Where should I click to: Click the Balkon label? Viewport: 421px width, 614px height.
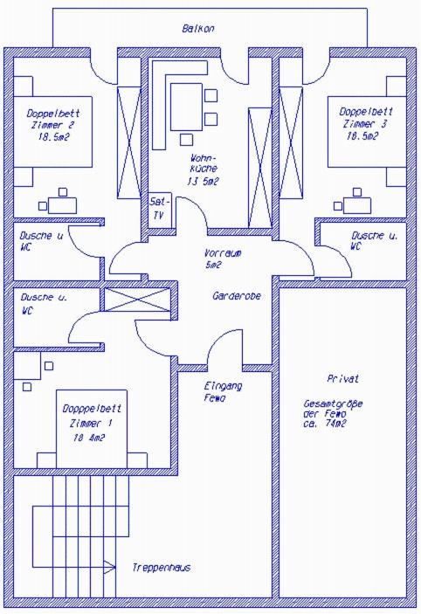tap(198, 29)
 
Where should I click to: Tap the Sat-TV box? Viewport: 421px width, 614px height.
tap(160, 210)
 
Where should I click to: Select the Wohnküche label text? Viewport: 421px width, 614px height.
tap(204, 170)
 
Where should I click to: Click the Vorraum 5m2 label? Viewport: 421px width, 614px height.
tap(223, 259)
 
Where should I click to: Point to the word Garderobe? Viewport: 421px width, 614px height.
tap(237, 296)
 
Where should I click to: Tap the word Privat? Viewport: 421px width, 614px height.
tap(343, 379)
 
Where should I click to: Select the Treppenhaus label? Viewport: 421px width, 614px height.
tap(162, 568)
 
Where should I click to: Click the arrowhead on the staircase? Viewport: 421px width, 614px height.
tap(109, 566)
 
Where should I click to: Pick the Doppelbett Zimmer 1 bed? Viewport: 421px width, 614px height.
tap(92, 429)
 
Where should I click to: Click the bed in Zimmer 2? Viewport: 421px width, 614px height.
tap(53, 132)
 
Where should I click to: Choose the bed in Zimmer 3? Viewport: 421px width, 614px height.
tap(367, 132)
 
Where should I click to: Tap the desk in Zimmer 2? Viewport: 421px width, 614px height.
tap(62, 205)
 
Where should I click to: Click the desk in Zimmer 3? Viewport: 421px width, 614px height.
tap(356, 205)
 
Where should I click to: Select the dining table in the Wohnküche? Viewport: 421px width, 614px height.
tap(186, 107)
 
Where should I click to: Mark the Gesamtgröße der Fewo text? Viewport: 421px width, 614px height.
tap(333, 413)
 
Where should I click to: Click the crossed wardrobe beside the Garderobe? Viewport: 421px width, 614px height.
tap(137, 300)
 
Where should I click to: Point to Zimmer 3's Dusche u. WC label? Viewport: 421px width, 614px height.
tap(375, 241)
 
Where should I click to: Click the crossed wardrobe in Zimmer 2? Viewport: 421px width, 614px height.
tap(129, 142)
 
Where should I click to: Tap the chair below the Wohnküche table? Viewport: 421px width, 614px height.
tap(186, 140)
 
